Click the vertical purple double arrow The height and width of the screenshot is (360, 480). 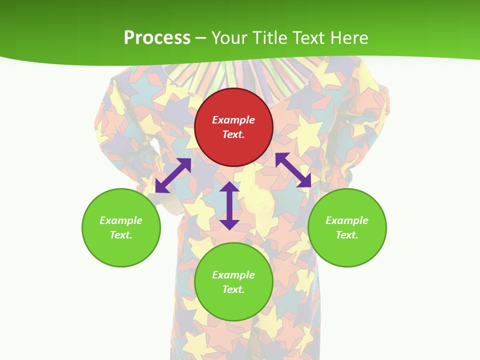tap(229, 205)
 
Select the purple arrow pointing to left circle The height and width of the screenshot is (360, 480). tap(173, 175)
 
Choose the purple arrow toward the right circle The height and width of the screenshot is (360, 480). tap(293, 170)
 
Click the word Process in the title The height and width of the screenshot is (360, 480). tap(157, 38)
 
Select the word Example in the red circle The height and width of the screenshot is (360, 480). tap(233, 120)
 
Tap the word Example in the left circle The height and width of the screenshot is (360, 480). tap(121, 220)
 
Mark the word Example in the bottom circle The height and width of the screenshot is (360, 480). tap(233, 275)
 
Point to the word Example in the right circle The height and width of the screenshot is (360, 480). tap(347, 220)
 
